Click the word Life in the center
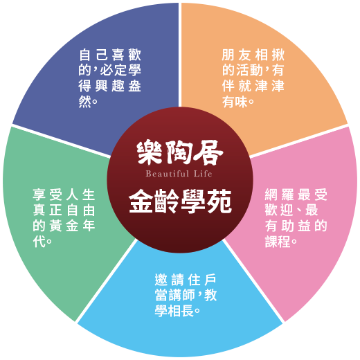point(203,174)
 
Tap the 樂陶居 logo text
point(180,153)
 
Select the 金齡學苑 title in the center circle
point(180,201)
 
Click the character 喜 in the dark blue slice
point(118,55)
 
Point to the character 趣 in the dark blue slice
point(118,86)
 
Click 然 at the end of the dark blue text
point(84,102)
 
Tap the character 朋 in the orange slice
point(228,55)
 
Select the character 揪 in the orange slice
point(278,55)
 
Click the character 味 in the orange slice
point(241,102)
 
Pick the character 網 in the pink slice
point(271,195)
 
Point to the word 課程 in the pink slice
point(278,242)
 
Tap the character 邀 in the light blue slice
point(161,280)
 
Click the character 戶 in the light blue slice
point(210,280)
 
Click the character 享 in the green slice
point(39,195)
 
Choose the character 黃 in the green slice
point(55,226)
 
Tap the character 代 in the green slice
point(39,242)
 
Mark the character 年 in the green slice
point(89,226)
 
